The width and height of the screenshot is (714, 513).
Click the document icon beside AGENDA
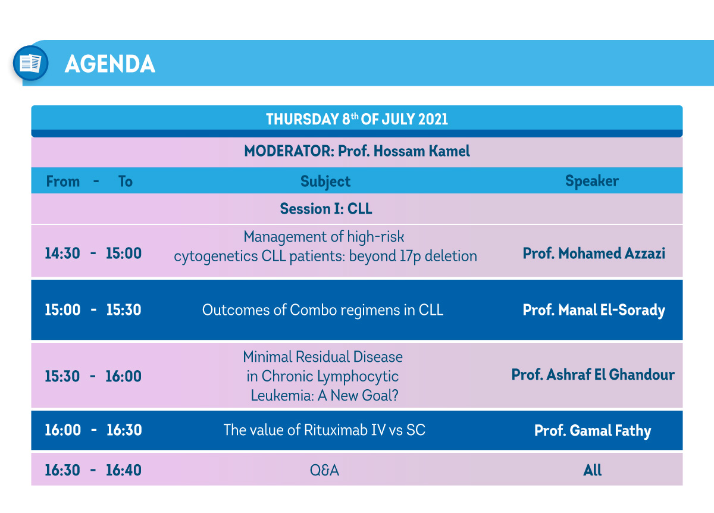[x=30, y=63]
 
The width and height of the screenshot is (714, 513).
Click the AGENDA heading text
[x=110, y=64]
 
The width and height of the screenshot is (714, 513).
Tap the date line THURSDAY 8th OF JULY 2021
[x=356, y=119]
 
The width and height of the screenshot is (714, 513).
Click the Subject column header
[x=325, y=182]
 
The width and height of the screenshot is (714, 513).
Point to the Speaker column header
[x=592, y=181]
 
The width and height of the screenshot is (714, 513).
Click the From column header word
[x=63, y=182]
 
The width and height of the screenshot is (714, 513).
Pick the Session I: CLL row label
[x=326, y=209]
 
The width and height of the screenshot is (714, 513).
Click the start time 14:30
[x=62, y=254]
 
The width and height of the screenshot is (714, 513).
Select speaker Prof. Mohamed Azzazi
[x=594, y=254]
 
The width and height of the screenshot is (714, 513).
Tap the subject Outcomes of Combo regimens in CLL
[x=322, y=310]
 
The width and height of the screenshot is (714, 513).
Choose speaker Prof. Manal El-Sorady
[x=594, y=310]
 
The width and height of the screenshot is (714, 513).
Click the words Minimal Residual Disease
[x=322, y=356]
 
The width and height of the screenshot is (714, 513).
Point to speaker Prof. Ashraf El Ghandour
[x=593, y=374]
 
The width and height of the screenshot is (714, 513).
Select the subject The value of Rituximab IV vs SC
[x=324, y=430]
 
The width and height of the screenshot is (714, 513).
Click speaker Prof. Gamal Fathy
[x=593, y=431]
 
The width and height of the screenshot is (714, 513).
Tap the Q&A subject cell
[x=324, y=470]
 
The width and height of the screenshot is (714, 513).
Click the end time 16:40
[x=124, y=470]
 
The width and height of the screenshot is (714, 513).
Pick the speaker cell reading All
[x=592, y=470]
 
